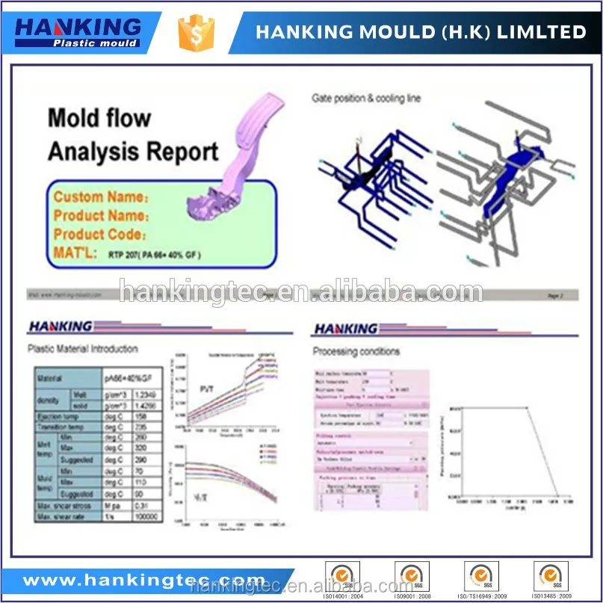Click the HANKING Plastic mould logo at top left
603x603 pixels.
tap(78, 31)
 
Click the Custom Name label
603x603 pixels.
tap(100, 197)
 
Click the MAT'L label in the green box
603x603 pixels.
tap(75, 253)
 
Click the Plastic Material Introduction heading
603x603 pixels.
tap(82, 348)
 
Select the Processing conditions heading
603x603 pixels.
tap(356, 351)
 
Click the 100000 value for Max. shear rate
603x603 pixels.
tap(145, 516)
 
